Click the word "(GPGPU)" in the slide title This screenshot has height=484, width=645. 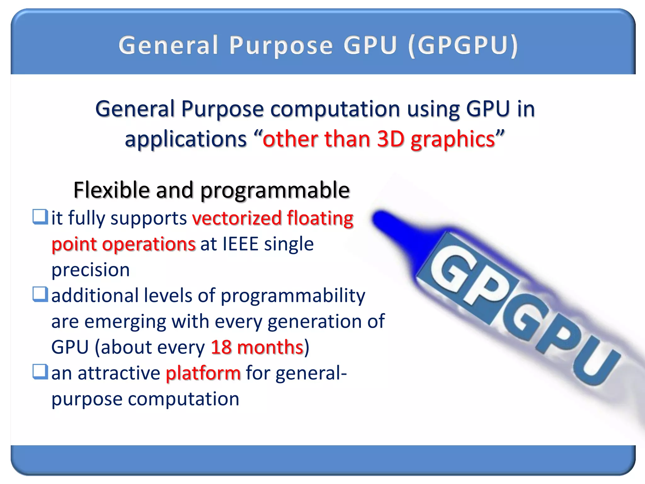pos(463,46)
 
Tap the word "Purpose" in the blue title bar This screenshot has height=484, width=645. pos(281,46)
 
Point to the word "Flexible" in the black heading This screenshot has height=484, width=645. pos(111,190)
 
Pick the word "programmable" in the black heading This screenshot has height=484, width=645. pos(275,191)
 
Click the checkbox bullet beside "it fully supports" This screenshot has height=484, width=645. pos(40,217)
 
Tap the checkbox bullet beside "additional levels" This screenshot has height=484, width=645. pos(40,294)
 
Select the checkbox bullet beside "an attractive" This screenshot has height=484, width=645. pos(40,372)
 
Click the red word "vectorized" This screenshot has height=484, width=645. pos(237,218)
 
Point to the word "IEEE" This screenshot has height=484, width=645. pos(241,244)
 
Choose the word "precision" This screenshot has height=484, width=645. pos(91,270)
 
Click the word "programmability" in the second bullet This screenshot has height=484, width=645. pos(293,296)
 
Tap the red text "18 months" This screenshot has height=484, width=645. pos(257,347)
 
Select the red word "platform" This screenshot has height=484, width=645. pos(203,373)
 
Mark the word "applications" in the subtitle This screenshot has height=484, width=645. pos(186,140)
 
